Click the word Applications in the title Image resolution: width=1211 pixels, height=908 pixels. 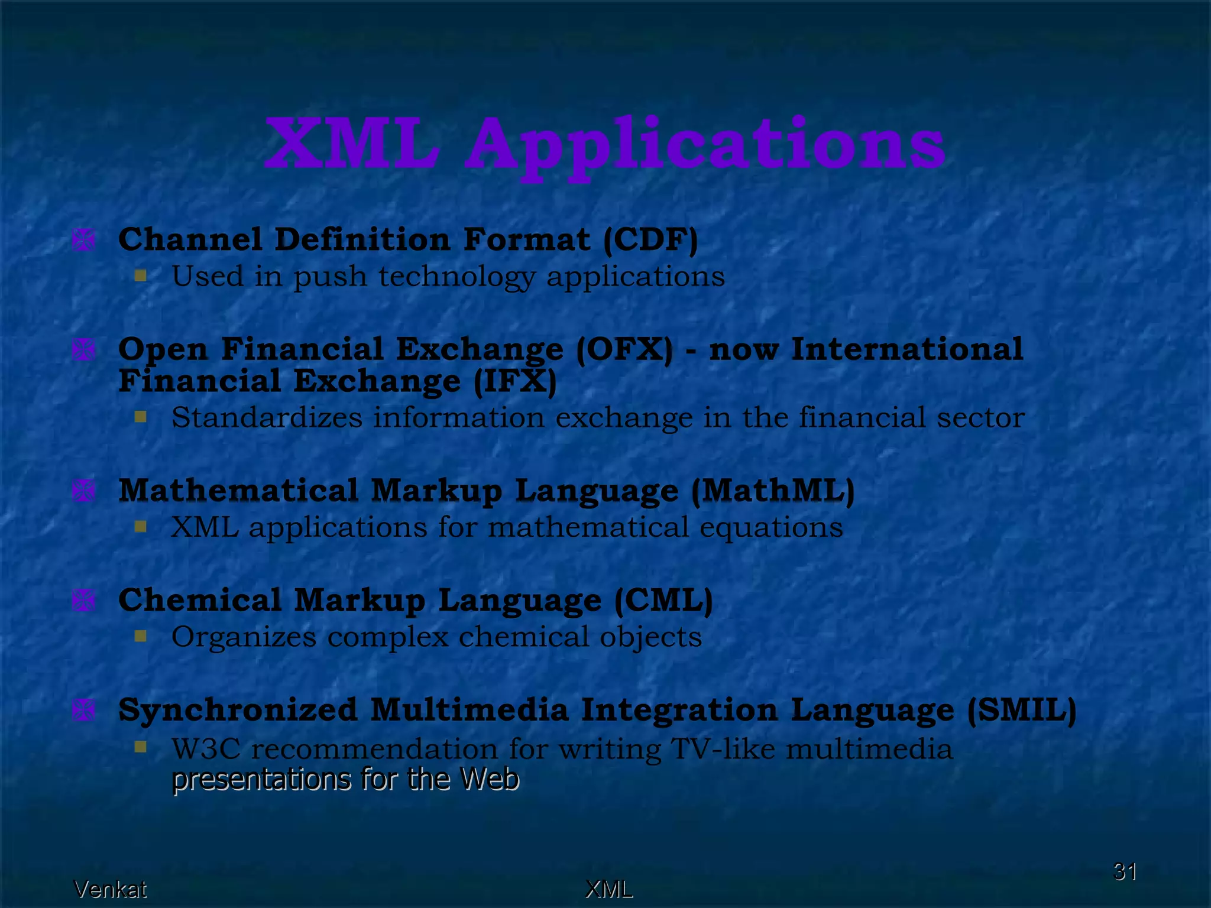707,145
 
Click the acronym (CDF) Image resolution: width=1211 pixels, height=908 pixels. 650,239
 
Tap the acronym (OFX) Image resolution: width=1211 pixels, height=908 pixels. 624,349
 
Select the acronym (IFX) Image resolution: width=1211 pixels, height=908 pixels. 515,381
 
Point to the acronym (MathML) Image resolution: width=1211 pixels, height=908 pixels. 772,491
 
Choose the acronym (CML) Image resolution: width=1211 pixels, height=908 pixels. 663,601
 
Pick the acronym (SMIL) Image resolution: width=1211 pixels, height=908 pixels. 1022,710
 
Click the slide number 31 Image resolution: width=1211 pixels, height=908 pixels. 1125,871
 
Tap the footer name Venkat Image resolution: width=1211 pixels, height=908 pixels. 110,889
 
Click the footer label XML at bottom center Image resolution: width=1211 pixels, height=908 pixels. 609,889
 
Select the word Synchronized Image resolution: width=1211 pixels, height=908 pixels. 238,710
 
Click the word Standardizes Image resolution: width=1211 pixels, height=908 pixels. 267,417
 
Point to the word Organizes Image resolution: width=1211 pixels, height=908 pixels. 244,637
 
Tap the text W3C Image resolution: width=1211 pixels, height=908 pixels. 206,749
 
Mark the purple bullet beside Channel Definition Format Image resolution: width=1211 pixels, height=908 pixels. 83,240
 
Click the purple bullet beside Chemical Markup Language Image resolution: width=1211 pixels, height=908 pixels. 83,601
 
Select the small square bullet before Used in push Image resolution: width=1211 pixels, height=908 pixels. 140,275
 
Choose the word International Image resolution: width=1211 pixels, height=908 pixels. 906,349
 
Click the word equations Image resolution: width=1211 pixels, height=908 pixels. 771,527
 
